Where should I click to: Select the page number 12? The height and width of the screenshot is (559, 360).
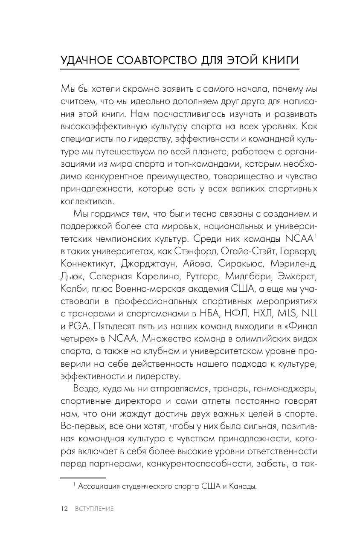pyautogui.click(x=64, y=509)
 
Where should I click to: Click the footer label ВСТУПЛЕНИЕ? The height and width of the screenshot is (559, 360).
pyautogui.click(x=94, y=509)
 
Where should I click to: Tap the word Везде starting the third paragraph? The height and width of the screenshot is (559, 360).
pyautogui.click(x=87, y=389)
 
